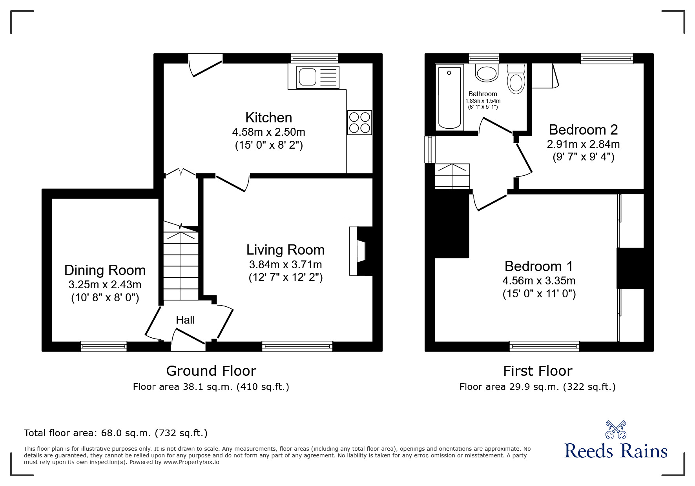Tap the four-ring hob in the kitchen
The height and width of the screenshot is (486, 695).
pyautogui.click(x=359, y=123)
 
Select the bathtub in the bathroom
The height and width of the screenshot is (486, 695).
pyautogui.click(x=449, y=98)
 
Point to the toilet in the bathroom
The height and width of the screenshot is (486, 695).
pyautogui.click(x=516, y=78)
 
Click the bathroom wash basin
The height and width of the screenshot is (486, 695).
pyautogui.click(x=487, y=73)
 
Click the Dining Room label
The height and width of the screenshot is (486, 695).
pyautogui.click(x=105, y=270)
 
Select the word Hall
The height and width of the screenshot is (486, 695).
pyautogui.click(x=185, y=320)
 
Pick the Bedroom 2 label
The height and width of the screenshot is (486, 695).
pyautogui.click(x=583, y=129)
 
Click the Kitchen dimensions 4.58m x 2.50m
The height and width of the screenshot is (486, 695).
pyautogui.click(x=269, y=132)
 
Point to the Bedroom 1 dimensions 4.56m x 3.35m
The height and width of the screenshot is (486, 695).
pyautogui.click(x=539, y=280)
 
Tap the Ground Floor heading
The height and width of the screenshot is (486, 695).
pyautogui.click(x=211, y=371)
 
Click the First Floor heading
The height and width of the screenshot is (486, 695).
pyautogui.click(x=538, y=371)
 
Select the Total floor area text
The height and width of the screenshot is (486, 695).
pyautogui.click(x=116, y=433)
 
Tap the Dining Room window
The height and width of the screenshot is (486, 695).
pyautogui.click(x=104, y=346)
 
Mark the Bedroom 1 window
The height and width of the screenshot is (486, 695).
pyautogui.click(x=544, y=346)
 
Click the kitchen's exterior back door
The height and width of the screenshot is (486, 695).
pyautogui.click(x=205, y=64)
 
